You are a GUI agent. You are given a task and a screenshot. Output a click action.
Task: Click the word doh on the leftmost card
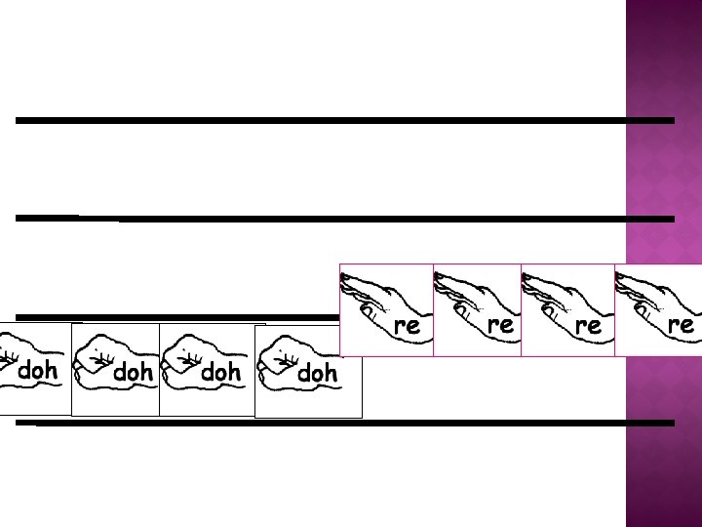coord(38,371)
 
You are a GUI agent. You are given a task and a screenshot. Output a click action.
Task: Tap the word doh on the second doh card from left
coord(134,372)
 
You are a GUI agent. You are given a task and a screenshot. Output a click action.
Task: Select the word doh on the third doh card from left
coord(220,372)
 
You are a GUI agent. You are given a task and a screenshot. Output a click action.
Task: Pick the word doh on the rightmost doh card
coord(317,373)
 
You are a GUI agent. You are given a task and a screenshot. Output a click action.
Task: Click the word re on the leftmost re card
coord(407,326)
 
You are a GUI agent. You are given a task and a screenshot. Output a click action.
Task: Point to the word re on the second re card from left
coord(500,325)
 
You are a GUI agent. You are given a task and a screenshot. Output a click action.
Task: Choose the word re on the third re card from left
coord(588,326)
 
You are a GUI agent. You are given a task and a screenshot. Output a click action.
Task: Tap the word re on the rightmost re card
coord(681,325)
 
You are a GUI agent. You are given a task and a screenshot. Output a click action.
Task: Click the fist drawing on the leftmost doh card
coord(12,361)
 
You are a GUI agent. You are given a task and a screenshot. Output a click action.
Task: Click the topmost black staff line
coord(341,120)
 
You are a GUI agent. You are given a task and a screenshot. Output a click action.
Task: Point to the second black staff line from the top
coord(390,219)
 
